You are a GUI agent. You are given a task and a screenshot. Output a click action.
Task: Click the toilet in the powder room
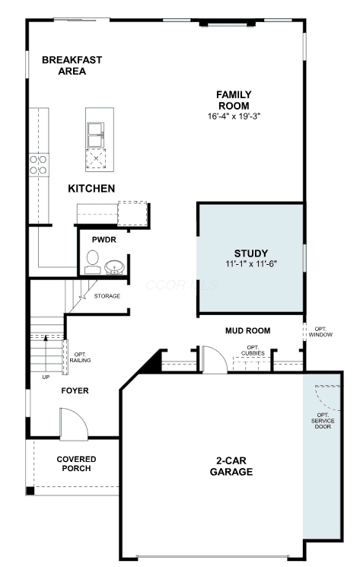click(x=93, y=262)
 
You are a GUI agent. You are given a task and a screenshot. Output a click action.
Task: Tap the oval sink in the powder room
click(x=115, y=267)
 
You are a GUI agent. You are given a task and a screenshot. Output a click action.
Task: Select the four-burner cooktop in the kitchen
click(x=39, y=165)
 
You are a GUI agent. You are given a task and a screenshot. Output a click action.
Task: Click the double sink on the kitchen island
click(x=96, y=135)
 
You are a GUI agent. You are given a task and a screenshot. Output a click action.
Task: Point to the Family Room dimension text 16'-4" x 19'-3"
click(x=234, y=116)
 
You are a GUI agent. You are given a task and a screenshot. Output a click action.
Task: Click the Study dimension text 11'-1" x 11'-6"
click(x=251, y=263)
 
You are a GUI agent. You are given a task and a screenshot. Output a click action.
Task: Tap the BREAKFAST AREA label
click(x=72, y=65)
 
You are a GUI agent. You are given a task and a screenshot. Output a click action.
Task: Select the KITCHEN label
click(x=91, y=189)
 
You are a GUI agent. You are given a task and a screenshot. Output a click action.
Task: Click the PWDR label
click(x=104, y=240)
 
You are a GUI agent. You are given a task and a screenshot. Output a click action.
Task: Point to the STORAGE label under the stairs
click(x=107, y=296)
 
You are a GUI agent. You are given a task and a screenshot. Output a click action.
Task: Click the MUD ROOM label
click(x=247, y=330)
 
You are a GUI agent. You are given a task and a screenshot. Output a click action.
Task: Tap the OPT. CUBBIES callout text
click(x=253, y=350)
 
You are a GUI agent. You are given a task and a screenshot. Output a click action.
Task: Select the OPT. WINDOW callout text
click(x=320, y=332)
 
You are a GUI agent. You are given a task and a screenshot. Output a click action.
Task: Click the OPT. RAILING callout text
click(x=80, y=358)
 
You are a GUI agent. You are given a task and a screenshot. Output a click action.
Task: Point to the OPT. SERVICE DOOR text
click(x=323, y=421)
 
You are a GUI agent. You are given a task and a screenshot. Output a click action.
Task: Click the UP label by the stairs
click(x=46, y=377)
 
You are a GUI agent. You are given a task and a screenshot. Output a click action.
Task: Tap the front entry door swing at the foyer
click(x=74, y=424)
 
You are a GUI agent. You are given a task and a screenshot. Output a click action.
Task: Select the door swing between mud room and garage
click(x=214, y=359)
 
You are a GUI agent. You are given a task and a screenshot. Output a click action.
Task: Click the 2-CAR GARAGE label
click(x=231, y=466)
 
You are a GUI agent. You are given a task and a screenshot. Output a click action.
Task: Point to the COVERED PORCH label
click(x=76, y=463)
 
